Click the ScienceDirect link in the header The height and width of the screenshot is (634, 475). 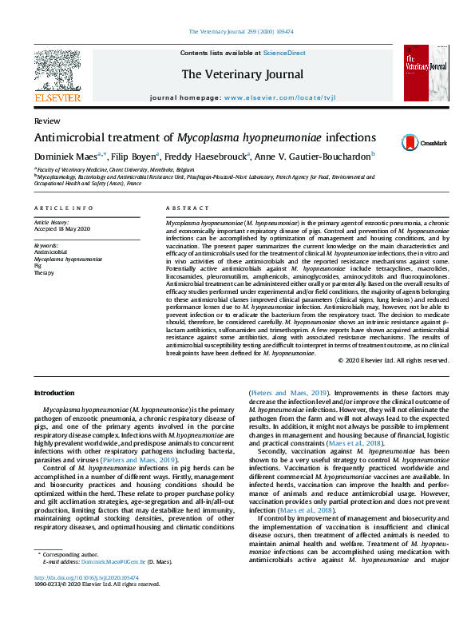[x=284, y=53]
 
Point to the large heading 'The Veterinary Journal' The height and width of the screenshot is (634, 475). [x=242, y=74]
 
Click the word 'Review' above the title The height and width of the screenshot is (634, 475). [x=46, y=121]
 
